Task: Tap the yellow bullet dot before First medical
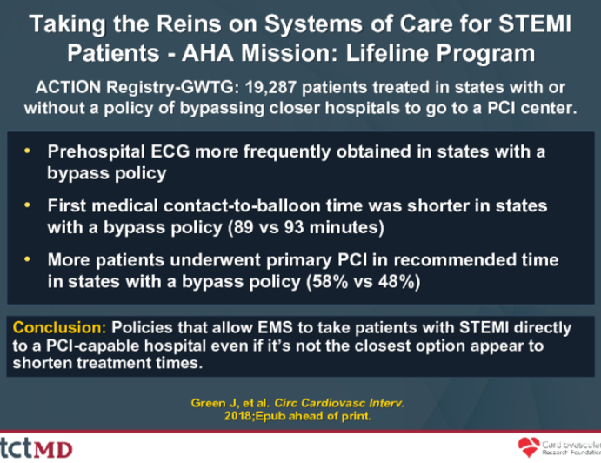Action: [32, 205]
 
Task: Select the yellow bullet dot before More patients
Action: [32, 259]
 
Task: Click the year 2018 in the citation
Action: [243, 418]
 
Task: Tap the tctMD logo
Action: [39, 447]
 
